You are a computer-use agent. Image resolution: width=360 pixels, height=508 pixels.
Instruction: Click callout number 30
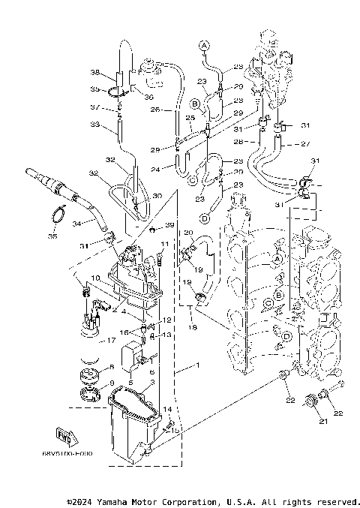point(157,196)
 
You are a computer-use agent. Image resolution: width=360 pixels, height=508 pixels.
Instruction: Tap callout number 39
point(169,225)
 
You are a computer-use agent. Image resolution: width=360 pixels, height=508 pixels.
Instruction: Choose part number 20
point(189,233)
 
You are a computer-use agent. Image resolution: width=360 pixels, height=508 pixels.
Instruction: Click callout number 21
point(324,422)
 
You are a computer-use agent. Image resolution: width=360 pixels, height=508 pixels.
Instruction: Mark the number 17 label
point(112,340)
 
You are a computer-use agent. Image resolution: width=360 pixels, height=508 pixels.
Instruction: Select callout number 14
point(169,409)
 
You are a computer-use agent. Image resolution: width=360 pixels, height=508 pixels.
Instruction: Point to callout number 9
point(112,383)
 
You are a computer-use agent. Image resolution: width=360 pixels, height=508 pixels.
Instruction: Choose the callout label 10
point(95,277)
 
